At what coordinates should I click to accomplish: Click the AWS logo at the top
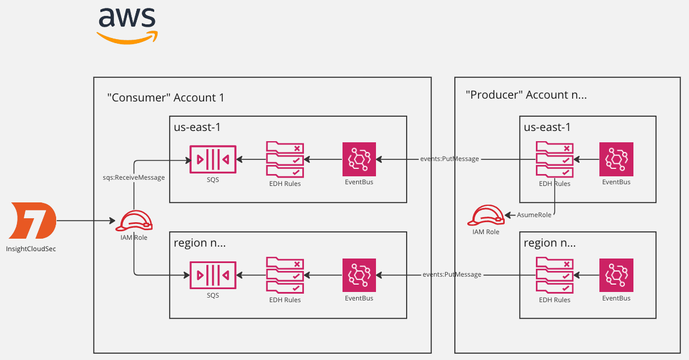point(127,24)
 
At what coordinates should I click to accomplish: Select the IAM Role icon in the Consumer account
point(134,221)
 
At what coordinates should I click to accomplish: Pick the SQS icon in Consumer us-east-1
point(213,159)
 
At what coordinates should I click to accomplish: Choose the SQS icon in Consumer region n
point(213,275)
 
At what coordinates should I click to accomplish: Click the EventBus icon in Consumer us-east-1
point(359,159)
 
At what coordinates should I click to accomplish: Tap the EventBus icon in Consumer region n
point(359,275)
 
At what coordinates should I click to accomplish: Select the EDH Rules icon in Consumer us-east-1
point(284,159)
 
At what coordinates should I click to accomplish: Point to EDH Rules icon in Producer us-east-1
point(553,159)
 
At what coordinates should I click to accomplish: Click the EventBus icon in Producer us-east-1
point(616,159)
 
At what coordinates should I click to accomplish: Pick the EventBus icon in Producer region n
point(616,275)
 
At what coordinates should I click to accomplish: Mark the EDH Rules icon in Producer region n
point(553,275)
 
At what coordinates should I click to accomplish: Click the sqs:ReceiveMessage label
point(130,177)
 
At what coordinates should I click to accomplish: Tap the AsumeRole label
point(532,215)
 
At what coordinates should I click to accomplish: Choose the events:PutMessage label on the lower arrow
point(452,275)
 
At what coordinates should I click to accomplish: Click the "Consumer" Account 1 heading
point(166,98)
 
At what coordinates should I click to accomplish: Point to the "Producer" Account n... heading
point(526,95)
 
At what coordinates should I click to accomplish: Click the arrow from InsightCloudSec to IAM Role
point(84,221)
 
